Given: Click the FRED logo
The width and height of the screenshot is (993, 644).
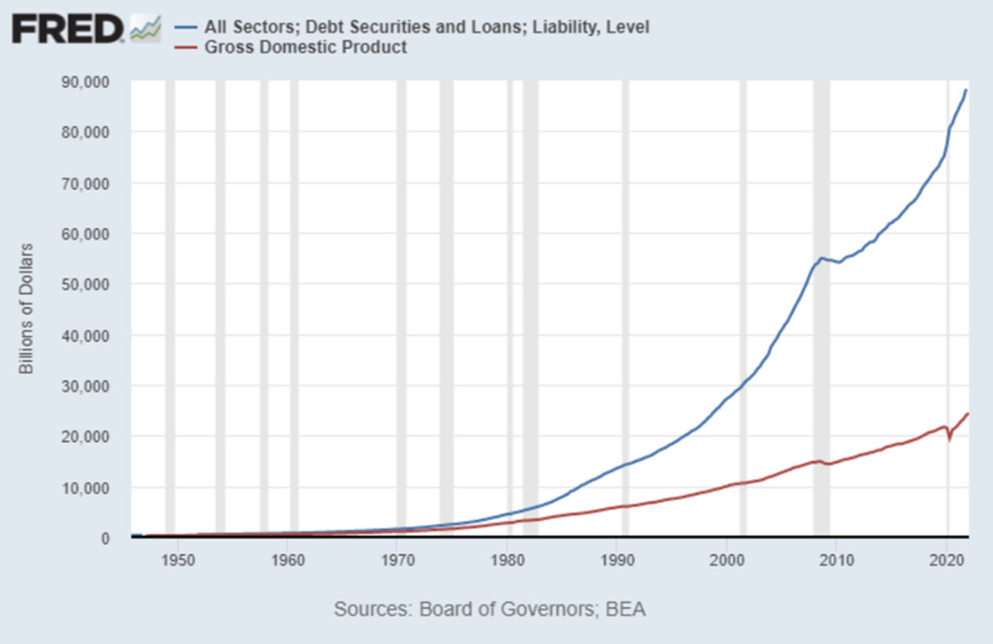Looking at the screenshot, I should tap(68, 29).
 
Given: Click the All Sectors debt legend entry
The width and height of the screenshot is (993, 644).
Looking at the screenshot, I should tap(426, 28).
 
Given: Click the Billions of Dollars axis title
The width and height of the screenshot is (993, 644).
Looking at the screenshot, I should tap(27, 308).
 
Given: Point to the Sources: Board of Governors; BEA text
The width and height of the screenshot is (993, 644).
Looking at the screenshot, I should tap(489, 609).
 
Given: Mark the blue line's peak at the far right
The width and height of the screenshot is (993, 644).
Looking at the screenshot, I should tap(966, 91).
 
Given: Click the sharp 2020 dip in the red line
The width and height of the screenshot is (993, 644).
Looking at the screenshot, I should tap(950, 439).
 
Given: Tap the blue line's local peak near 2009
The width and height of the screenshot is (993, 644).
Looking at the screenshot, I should tap(822, 258).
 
